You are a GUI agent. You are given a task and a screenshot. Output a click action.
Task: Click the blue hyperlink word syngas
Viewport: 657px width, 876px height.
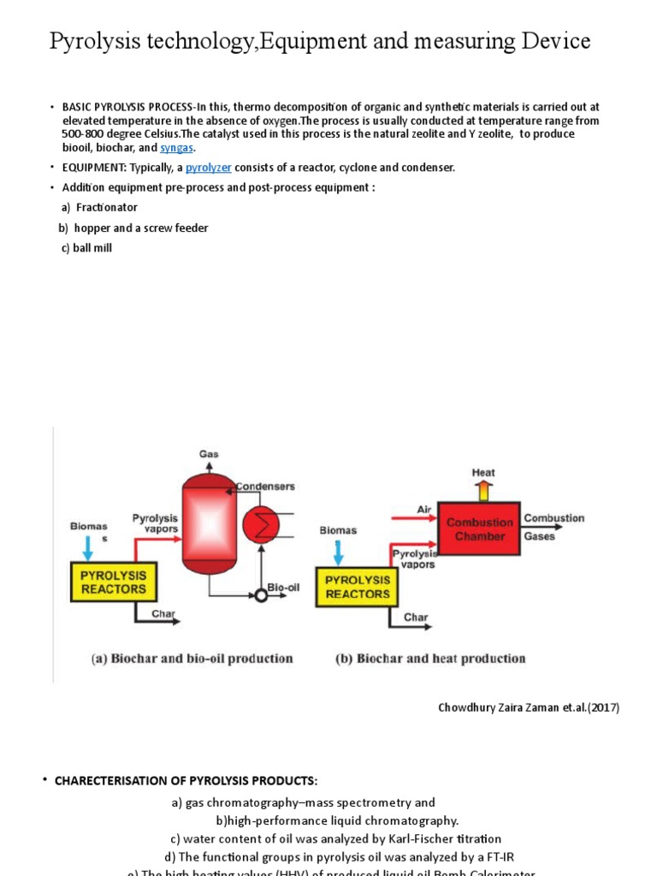178,148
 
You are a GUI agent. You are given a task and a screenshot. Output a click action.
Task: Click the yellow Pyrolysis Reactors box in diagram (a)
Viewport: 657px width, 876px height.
114,582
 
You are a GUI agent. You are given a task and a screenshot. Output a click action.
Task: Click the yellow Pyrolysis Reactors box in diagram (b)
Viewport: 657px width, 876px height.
358,587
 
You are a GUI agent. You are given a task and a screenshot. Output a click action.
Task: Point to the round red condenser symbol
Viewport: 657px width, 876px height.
260,525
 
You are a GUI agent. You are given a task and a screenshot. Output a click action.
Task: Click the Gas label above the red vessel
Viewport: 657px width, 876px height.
209,453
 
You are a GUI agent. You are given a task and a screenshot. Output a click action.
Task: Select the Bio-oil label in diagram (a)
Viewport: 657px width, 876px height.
281,589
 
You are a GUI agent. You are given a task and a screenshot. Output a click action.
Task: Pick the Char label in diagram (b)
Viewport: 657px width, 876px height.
416,617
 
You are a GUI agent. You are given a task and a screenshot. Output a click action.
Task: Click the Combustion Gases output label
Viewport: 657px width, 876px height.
553,527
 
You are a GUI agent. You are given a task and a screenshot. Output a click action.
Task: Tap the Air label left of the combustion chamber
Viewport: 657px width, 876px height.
424,509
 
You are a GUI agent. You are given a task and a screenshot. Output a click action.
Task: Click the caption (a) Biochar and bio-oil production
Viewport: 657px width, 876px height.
192,659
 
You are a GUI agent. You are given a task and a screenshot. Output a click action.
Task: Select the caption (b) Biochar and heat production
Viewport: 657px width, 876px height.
429,659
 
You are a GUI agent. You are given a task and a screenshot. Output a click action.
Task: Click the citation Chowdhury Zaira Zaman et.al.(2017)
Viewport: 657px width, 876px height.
529,707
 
